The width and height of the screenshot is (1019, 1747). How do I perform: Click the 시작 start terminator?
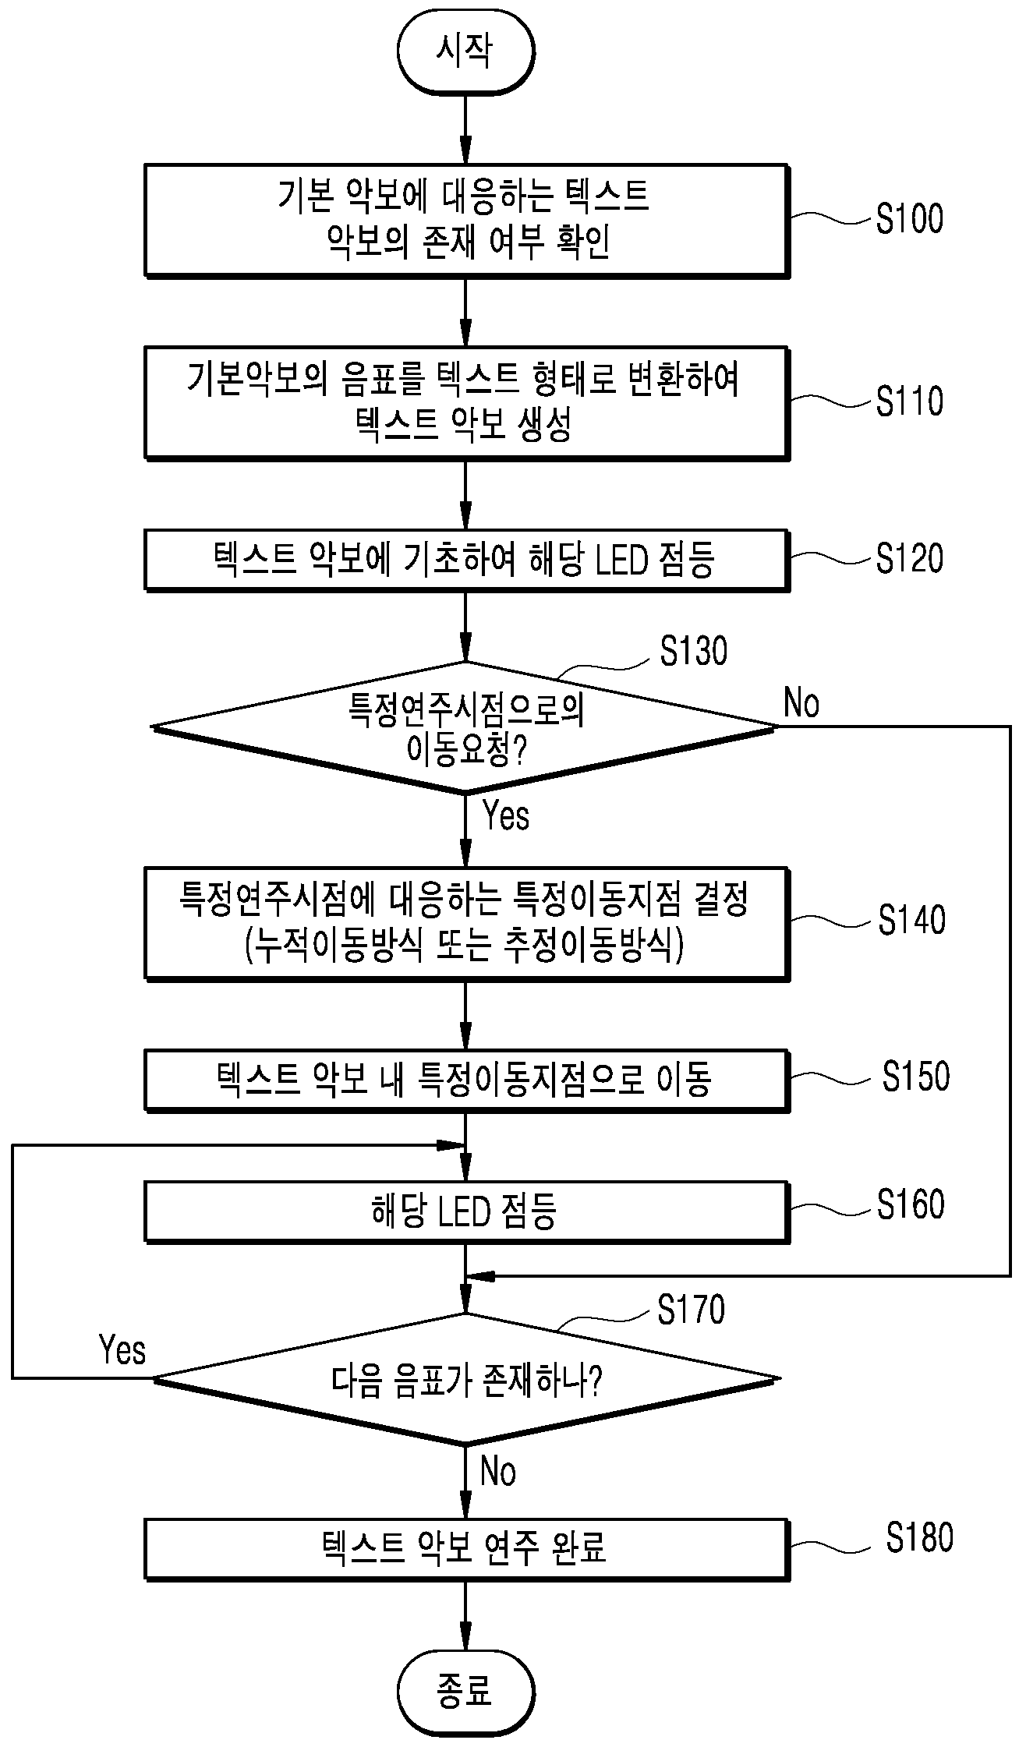[465, 52]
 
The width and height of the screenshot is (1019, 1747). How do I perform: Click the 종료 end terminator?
[465, 1692]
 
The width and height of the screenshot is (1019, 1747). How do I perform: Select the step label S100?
[909, 219]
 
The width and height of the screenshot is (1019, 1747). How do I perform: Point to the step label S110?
[909, 401]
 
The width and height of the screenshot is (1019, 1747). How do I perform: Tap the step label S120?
[909, 558]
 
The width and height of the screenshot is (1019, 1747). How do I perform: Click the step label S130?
[693, 651]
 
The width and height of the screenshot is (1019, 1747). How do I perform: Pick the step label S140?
[911, 920]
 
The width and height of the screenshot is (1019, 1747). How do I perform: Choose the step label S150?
[915, 1076]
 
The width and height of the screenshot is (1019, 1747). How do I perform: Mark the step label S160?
[910, 1204]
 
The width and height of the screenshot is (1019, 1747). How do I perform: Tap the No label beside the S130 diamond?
[801, 703]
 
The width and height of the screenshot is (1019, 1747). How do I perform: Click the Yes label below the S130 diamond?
[506, 816]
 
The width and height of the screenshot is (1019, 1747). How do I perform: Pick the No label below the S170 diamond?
[498, 1473]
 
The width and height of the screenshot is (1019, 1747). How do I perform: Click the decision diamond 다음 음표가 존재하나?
[466, 1378]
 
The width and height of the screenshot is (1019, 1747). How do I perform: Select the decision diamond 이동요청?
[466, 727]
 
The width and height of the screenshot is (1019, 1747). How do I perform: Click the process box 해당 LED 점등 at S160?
[466, 1212]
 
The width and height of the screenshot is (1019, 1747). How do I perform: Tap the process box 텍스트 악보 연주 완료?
[466, 1548]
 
